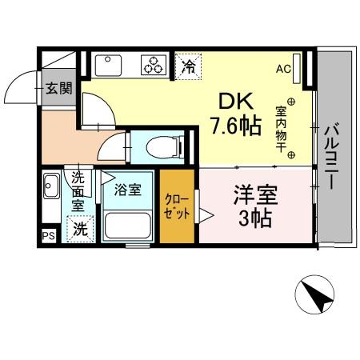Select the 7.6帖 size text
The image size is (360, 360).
pyautogui.click(x=235, y=126)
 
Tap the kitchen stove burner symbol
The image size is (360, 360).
pyautogui.click(x=153, y=65)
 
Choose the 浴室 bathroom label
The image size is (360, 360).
pyautogui.click(x=127, y=190)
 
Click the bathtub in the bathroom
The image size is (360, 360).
pyautogui.click(x=127, y=226)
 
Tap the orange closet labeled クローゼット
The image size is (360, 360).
pyautogui.click(x=177, y=207)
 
